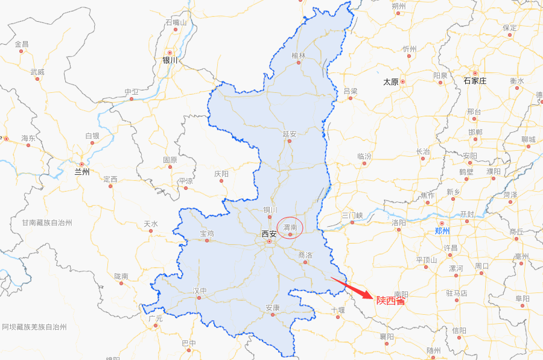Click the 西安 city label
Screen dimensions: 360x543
tap(269, 233)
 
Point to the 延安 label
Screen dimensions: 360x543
tap(290, 133)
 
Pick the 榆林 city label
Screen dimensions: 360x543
tap(299, 55)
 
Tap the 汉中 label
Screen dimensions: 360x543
tap(200, 291)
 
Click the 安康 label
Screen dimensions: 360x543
tap(273, 308)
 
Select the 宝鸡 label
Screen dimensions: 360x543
tap(207, 233)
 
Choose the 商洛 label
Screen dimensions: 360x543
tap(305, 255)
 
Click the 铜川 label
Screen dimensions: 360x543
tap(270, 210)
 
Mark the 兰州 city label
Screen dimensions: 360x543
tap(81, 172)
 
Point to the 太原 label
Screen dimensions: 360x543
tap(391, 81)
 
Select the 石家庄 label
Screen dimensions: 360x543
tap(475, 80)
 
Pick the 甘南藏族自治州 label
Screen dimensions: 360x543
tap(47, 223)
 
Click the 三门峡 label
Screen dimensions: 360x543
tap(352, 215)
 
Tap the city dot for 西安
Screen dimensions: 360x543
tap(270, 242)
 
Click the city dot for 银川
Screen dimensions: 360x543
tap(170, 52)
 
